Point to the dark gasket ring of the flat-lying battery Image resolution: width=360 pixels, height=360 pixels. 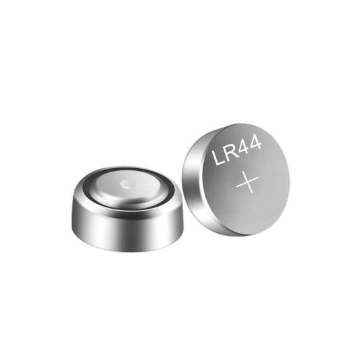91,193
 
